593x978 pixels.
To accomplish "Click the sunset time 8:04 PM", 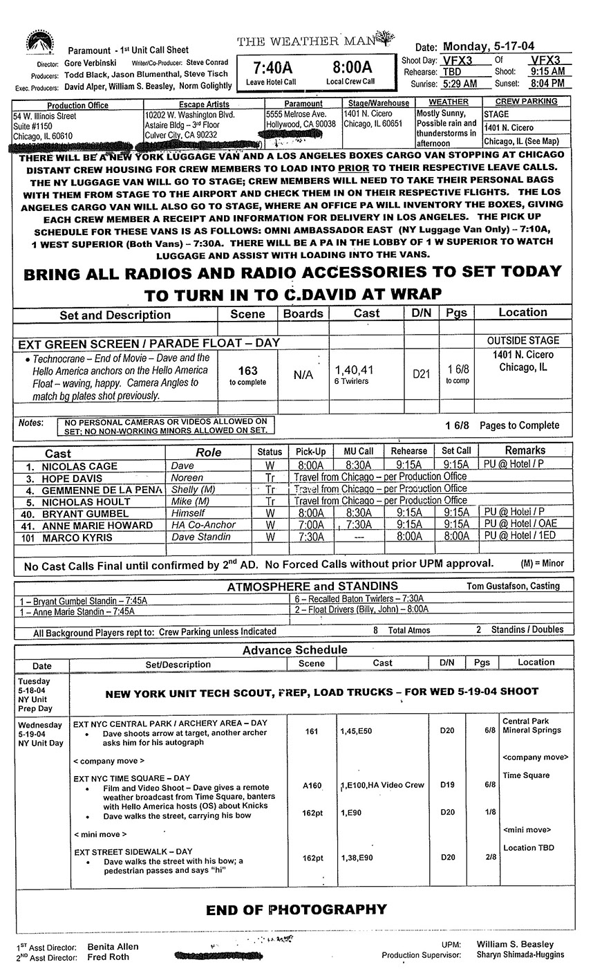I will pyautogui.click(x=547, y=84).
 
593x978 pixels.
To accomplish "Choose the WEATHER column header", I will pyautogui.click(x=448, y=102).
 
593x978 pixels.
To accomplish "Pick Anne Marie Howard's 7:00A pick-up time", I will pyautogui.click(x=310, y=525).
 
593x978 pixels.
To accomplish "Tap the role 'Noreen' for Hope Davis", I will pyautogui.click(x=187, y=478).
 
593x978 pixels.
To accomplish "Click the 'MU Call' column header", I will pyautogui.click(x=358, y=451).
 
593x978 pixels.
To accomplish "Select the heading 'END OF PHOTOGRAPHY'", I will pyautogui.click(x=296, y=909).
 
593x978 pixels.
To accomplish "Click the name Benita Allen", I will pyautogui.click(x=113, y=946).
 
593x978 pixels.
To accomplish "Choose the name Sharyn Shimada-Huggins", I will pyautogui.click(x=520, y=954).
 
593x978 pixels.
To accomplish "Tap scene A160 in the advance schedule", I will pyautogui.click(x=312, y=785).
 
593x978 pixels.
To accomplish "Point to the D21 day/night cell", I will pyautogui.click(x=421, y=374).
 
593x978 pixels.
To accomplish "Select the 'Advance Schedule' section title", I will pyautogui.click(x=294, y=649).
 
